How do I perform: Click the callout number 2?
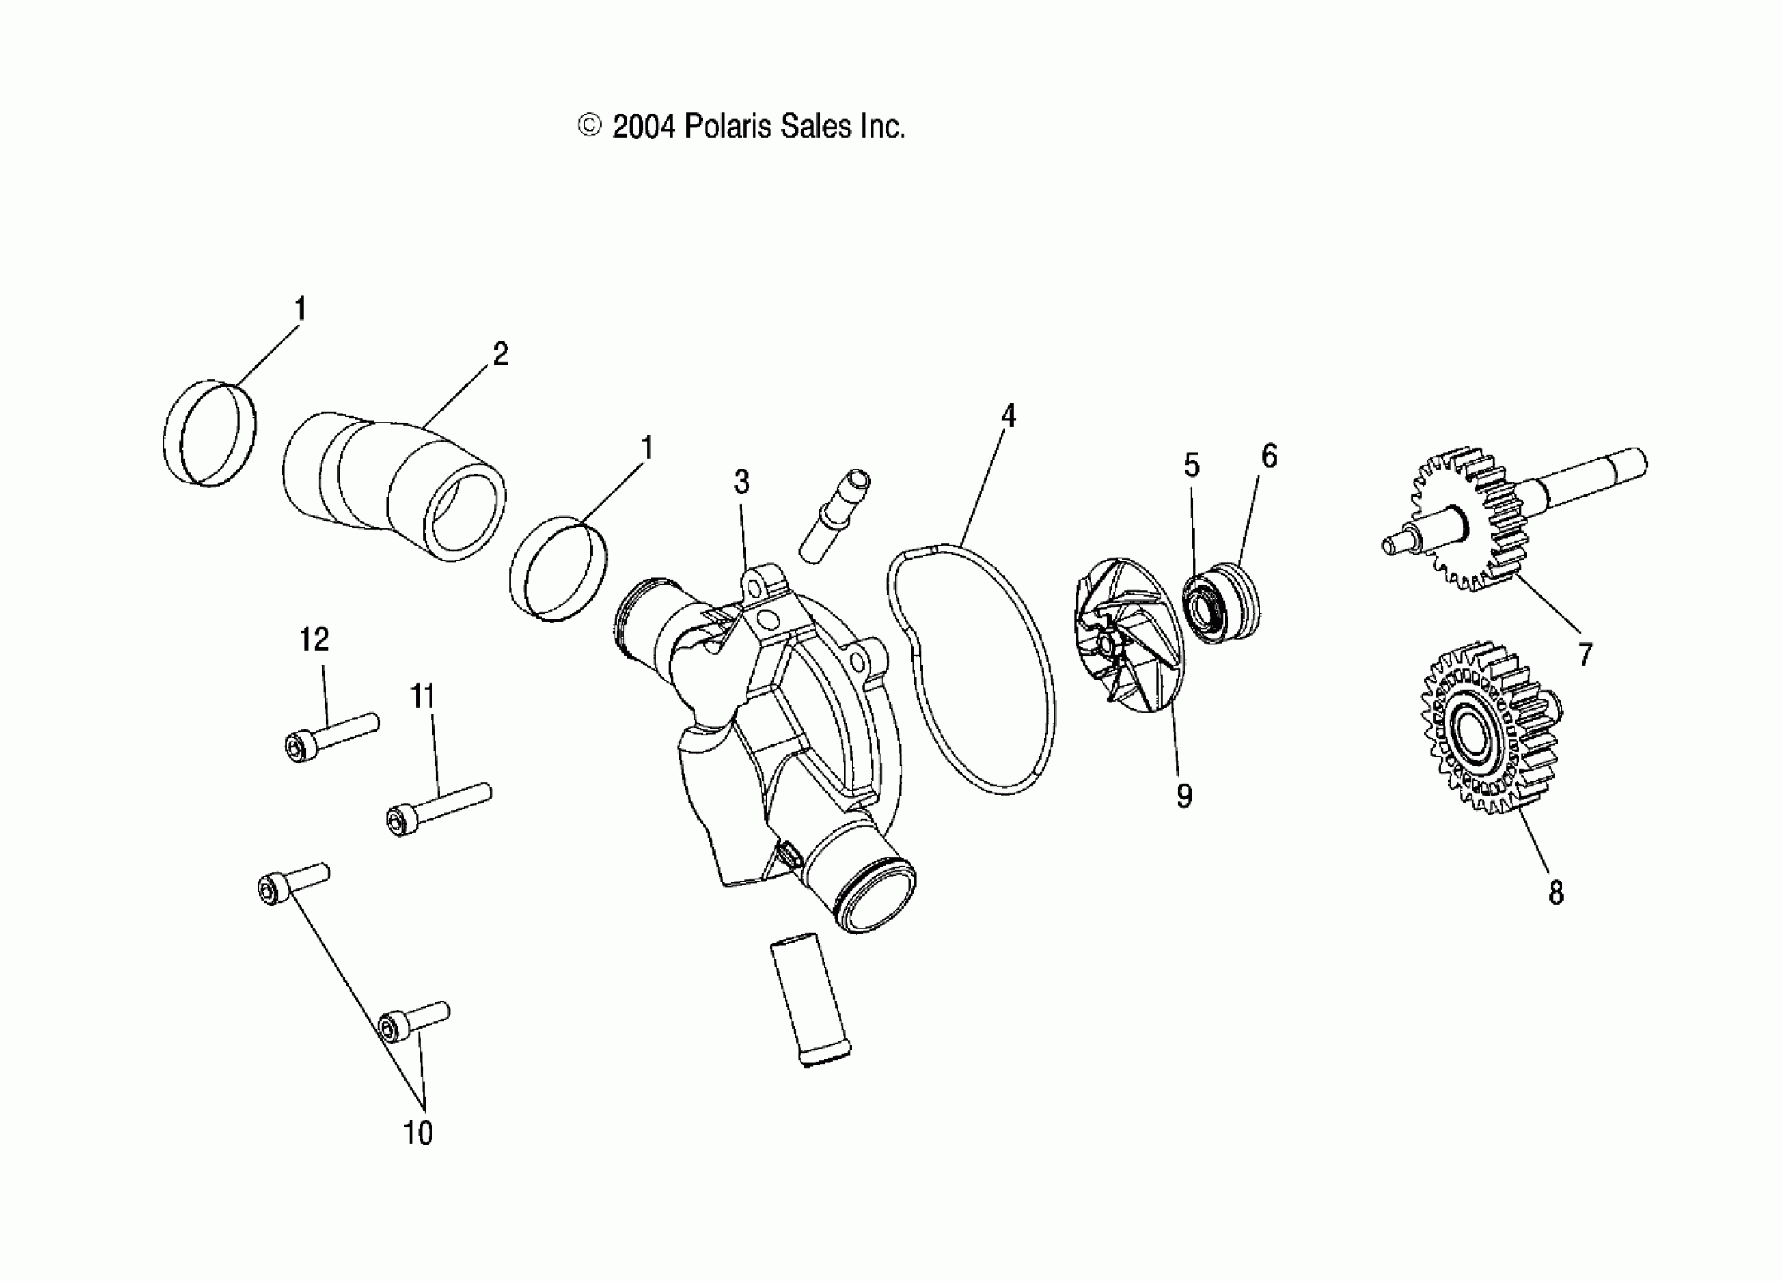pos(501,354)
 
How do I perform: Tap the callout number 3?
pos(742,482)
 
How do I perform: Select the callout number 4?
pos(1008,416)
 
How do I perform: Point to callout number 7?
pos(1585,654)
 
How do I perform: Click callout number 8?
pos(1556,893)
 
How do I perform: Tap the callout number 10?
pos(418,1133)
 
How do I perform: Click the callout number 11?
pos(423,696)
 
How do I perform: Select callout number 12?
pos(314,640)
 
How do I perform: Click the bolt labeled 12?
pos(330,734)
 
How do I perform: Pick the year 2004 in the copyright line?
pos(642,127)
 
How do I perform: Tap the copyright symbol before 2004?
pos(589,126)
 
